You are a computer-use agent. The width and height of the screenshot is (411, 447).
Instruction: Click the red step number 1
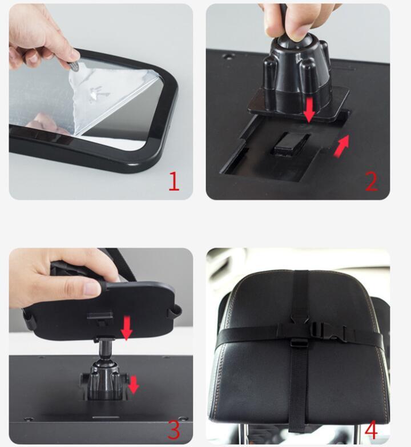(174, 181)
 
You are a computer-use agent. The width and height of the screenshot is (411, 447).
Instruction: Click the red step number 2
(372, 181)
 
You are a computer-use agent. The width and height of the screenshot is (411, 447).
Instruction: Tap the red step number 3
(174, 429)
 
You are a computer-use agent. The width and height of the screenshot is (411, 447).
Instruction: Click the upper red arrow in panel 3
(127, 328)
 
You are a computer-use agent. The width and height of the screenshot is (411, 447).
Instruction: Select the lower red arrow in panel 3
(134, 385)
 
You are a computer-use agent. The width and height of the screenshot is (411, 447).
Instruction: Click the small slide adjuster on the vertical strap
(299, 342)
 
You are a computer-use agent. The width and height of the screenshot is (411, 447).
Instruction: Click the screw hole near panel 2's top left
(227, 56)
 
